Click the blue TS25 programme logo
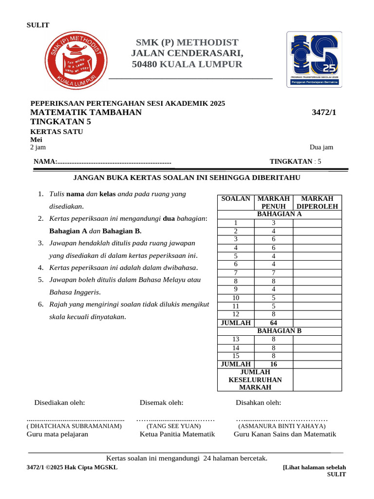(x=314, y=59)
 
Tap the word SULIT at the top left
(x=37, y=25)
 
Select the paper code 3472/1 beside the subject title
(x=324, y=113)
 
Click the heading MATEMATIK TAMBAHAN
(x=86, y=113)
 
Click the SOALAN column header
(x=236, y=199)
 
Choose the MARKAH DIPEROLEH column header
(x=317, y=202)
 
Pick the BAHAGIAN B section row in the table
(x=279, y=331)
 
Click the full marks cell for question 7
(x=273, y=272)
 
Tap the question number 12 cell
(x=236, y=314)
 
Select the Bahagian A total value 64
(x=273, y=323)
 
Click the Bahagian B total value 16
(x=273, y=364)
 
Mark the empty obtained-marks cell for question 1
(x=317, y=223)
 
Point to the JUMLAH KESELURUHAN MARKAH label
(x=255, y=380)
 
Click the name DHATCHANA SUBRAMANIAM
(x=74, y=426)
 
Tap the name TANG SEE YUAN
(x=177, y=426)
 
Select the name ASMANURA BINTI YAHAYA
(x=282, y=426)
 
